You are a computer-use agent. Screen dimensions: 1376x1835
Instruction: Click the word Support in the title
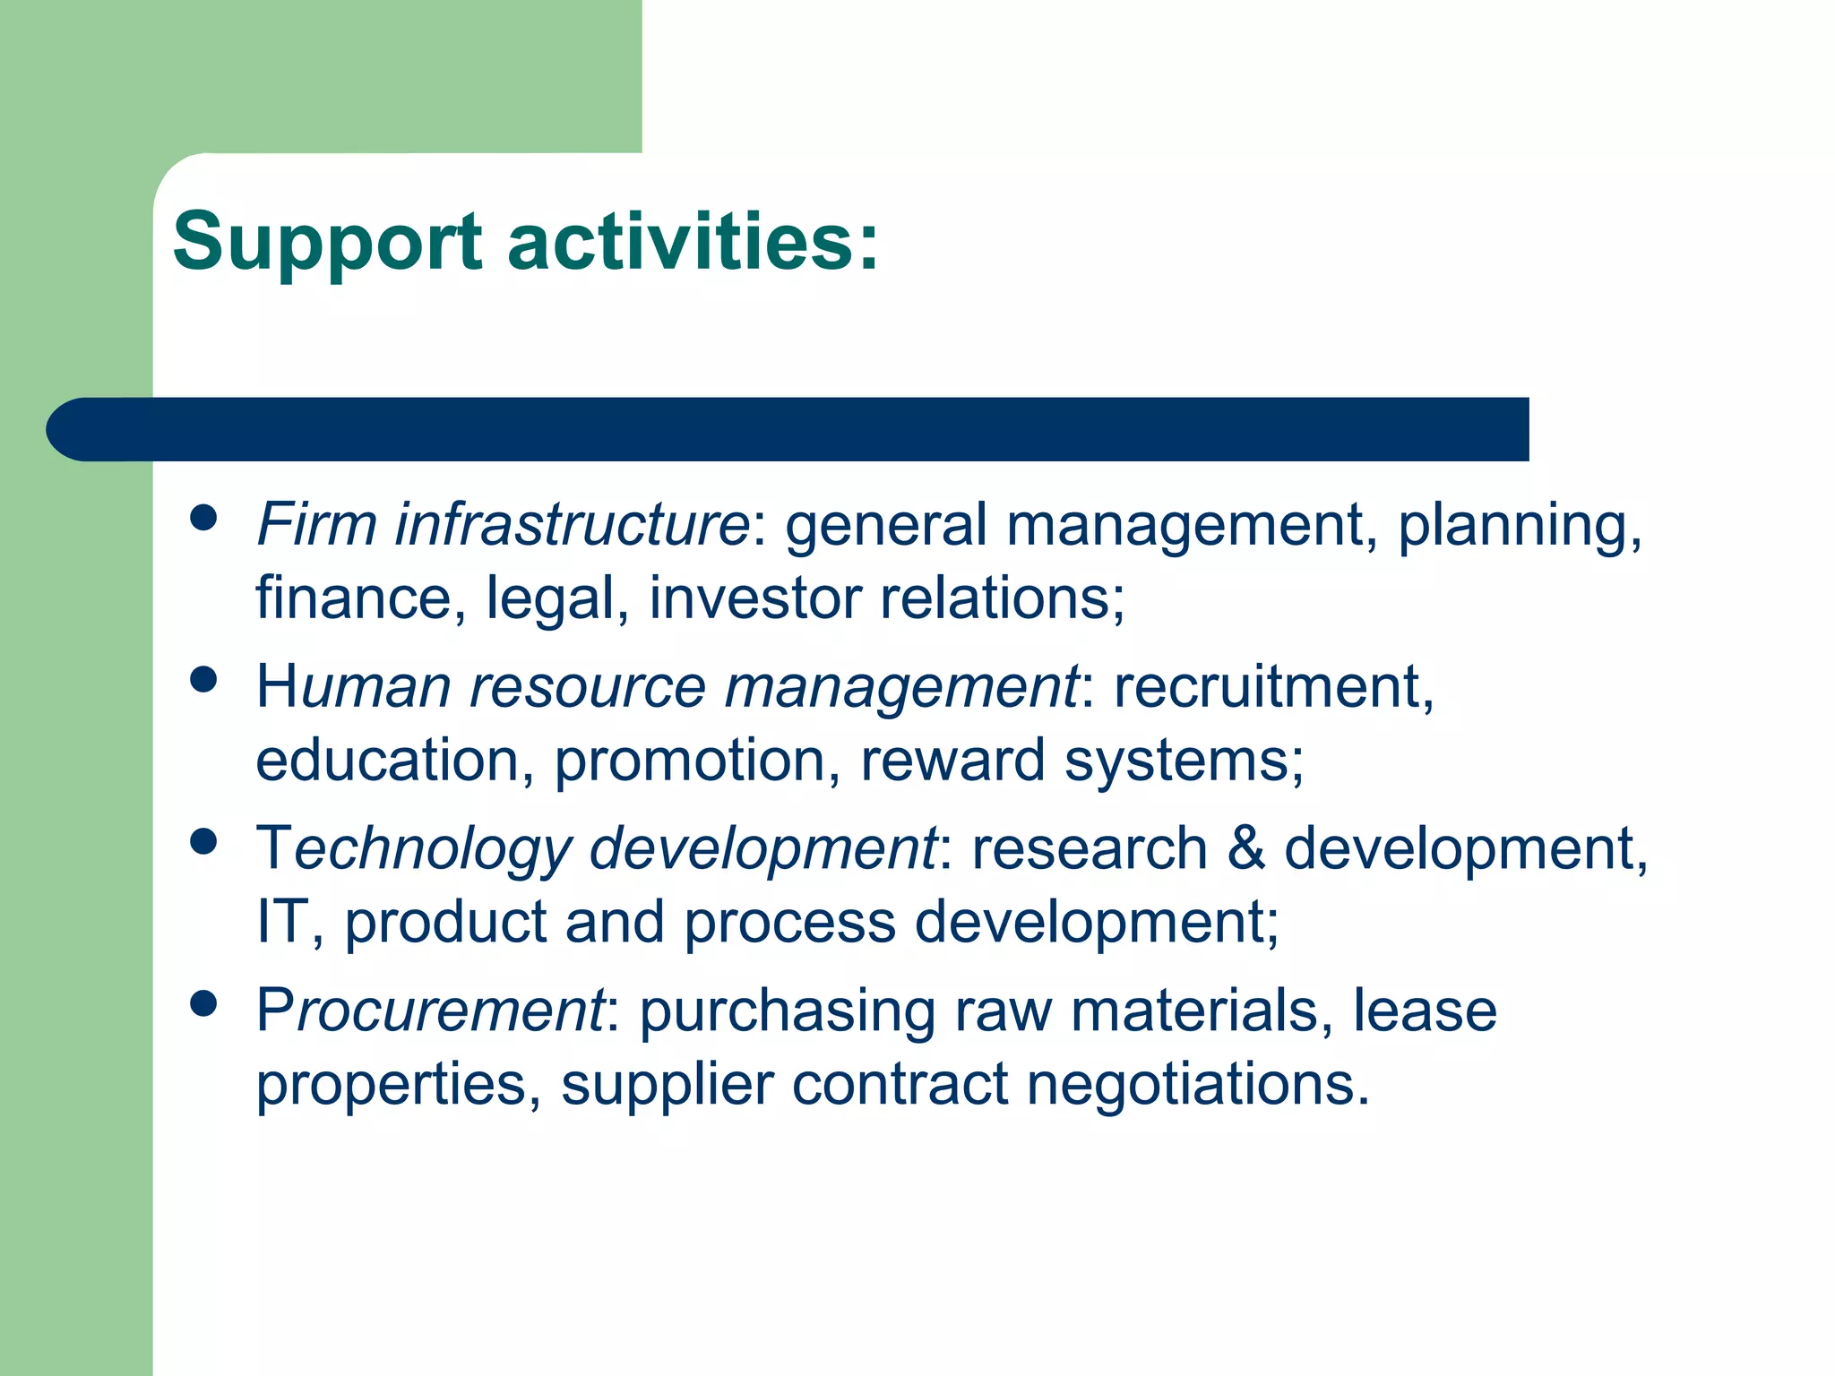(327, 242)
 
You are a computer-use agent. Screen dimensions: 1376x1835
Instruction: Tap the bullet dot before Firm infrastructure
(204, 518)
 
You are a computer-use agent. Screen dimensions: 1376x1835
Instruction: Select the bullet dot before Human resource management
(204, 680)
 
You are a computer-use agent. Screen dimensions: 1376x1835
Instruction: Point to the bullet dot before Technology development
(204, 842)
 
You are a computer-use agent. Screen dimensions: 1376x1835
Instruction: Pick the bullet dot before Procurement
(204, 1004)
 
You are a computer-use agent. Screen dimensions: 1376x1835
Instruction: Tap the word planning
(1519, 527)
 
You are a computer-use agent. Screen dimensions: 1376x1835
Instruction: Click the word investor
(755, 598)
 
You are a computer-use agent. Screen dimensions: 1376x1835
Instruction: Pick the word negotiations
(1198, 1084)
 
